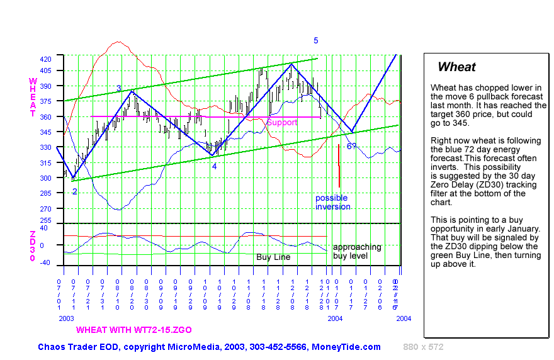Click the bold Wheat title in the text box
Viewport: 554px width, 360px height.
(x=456, y=67)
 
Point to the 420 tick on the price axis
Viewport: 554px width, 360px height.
(x=46, y=59)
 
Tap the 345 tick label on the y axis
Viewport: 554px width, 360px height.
(x=46, y=132)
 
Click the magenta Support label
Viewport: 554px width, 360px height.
(x=281, y=122)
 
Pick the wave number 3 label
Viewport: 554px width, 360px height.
(x=118, y=89)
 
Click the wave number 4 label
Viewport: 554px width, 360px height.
(x=214, y=167)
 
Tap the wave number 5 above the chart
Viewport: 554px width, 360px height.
(x=316, y=40)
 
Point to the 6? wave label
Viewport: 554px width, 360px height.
(x=353, y=147)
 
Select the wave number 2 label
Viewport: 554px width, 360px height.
(x=74, y=191)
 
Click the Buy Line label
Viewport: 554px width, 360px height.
(x=273, y=257)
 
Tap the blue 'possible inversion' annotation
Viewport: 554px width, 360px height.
(x=332, y=202)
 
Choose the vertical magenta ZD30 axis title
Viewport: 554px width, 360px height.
(x=33, y=246)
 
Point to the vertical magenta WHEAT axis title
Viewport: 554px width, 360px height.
(x=33, y=98)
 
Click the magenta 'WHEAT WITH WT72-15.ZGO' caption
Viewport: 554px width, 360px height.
(x=134, y=330)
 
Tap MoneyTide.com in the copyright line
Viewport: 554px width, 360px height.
(x=351, y=347)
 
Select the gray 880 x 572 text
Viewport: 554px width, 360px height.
(x=424, y=347)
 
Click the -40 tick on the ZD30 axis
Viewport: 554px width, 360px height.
(x=45, y=264)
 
